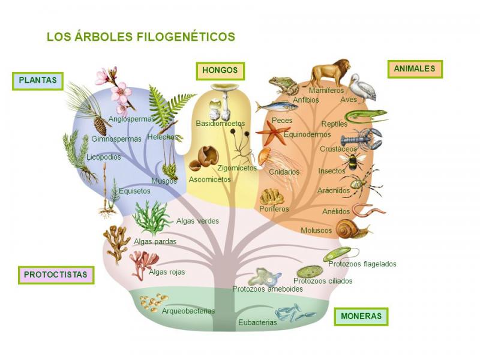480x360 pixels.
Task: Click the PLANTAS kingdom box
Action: click(37, 80)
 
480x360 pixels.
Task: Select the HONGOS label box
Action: click(220, 70)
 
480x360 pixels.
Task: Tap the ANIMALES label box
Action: click(414, 69)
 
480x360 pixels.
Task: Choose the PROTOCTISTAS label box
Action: click(56, 275)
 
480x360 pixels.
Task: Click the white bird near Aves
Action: click(364, 87)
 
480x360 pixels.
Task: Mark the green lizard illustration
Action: click(365, 115)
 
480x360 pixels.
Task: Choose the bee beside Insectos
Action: click(350, 160)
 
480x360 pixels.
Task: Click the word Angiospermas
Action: click(131, 119)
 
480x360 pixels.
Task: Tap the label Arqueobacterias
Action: click(188, 311)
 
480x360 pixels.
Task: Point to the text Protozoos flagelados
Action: click(362, 264)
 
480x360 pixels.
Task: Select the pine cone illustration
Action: click(100, 125)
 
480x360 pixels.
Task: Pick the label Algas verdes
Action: click(197, 221)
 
